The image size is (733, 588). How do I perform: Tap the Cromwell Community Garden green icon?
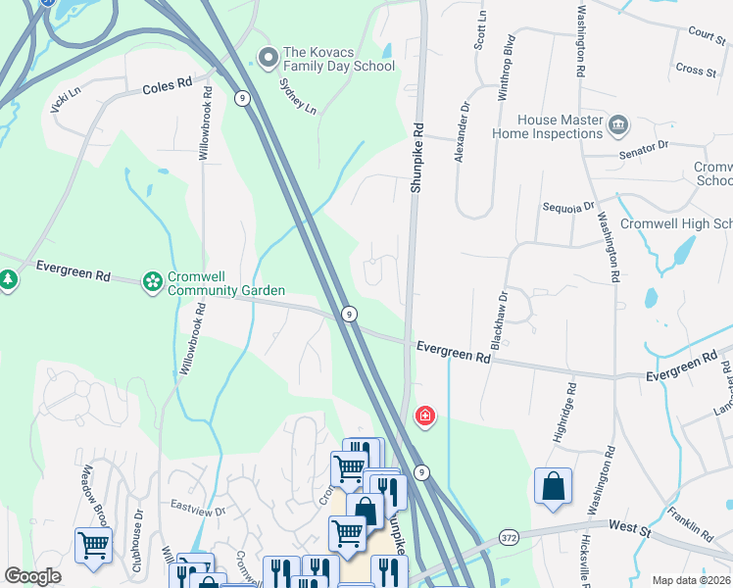pos(153,282)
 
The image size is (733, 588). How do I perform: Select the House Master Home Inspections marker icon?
pos(618,124)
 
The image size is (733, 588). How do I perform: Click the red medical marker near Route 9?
pos(425,416)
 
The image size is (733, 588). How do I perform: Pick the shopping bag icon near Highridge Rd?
pos(553,486)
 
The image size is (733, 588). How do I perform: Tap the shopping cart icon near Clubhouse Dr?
pos(93,544)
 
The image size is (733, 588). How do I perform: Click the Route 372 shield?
pos(508,538)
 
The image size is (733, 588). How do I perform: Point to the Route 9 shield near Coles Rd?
pos(240,97)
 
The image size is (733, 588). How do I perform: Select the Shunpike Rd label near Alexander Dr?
pos(416,157)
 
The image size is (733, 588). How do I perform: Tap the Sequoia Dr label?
pos(568,208)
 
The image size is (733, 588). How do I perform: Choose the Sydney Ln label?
pos(298,96)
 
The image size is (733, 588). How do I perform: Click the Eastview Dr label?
pos(198,511)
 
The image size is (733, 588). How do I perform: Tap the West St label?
pos(629,526)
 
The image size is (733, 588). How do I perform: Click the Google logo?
pos(32,576)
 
